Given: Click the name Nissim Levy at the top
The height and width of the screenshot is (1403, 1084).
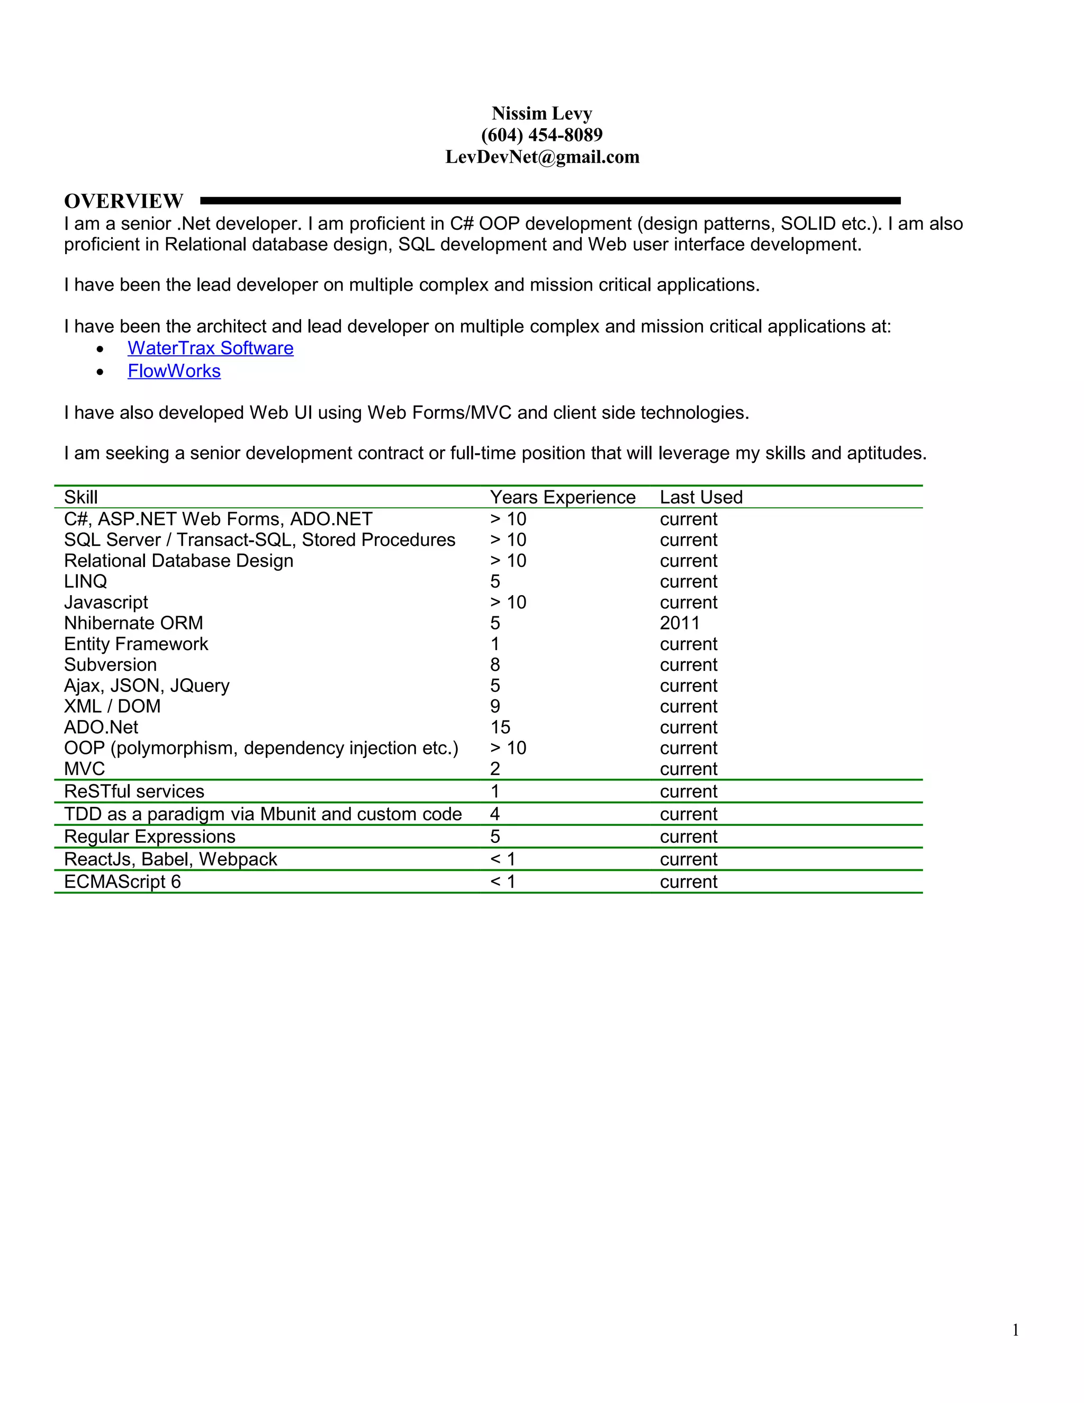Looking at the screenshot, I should (x=541, y=114).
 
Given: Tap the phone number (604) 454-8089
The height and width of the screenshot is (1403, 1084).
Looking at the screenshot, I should (x=541, y=135).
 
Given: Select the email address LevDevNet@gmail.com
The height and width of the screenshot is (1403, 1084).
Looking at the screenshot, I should (x=541, y=157).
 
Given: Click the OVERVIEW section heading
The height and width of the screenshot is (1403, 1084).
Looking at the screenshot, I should (x=123, y=201).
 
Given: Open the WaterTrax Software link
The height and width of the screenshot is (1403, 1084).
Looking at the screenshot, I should (x=210, y=348).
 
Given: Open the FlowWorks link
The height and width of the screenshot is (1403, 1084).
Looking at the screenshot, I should (x=174, y=371).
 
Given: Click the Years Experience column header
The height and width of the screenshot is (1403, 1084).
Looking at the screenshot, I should (x=562, y=497).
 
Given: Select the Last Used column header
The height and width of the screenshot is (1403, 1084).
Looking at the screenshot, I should (x=701, y=497).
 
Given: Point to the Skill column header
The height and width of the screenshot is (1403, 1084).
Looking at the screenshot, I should (x=81, y=497).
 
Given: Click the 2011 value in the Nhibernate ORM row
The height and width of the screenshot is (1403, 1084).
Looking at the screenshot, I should (x=680, y=623).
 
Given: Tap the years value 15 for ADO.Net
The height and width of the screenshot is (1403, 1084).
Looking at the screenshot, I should (x=500, y=727).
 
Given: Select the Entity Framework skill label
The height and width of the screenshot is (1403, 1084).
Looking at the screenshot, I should (x=136, y=644).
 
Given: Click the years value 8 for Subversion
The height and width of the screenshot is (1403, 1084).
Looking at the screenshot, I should (x=494, y=665).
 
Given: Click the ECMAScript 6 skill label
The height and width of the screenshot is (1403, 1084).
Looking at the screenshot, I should (x=122, y=882).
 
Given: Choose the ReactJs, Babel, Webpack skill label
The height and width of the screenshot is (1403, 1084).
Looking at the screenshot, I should (x=170, y=859).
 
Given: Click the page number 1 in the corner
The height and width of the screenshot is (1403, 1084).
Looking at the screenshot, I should (x=1015, y=1330).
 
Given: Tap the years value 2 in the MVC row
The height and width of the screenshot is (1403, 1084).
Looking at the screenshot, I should (x=494, y=769).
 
